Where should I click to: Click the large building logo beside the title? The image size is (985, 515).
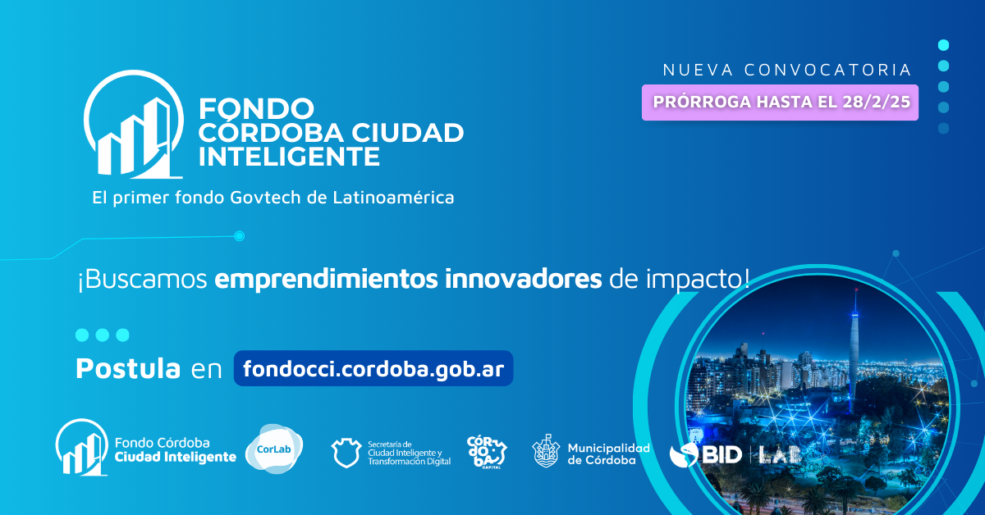[133, 125]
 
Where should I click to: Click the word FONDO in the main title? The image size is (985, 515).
[256, 108]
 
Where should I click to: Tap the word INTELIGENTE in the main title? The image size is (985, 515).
[289, 156]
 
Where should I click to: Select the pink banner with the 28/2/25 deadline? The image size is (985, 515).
[780, 103]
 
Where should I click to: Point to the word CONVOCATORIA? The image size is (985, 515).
[827, 70]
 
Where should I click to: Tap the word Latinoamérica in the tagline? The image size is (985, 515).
[393, 198]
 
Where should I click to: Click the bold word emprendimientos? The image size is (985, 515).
[326, 279]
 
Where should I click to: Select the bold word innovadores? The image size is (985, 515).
[523, 279]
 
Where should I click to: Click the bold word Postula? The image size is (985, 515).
[128, 368]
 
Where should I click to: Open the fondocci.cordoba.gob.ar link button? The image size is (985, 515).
[373, 368]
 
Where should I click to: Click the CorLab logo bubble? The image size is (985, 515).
[274, 449]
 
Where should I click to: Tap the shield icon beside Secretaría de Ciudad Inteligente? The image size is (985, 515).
[346, 453]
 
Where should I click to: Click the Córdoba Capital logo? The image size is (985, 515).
[487, 452]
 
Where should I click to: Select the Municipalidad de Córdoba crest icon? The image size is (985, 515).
[546, 451]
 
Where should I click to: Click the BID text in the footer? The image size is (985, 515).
[722, 454]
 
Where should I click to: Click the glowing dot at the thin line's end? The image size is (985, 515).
[239, 236]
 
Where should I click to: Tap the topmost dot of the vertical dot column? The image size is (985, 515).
[943, 45]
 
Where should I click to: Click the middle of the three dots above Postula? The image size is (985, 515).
[103, 335]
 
